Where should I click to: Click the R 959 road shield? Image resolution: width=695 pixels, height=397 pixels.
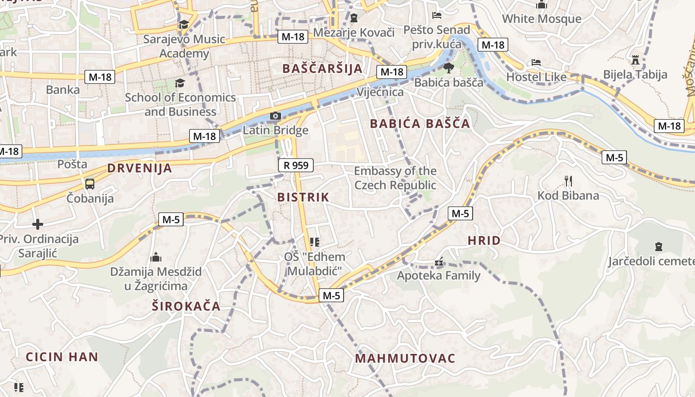(x=296, y=165)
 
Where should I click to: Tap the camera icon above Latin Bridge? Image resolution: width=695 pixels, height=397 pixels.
(x=275, y=116)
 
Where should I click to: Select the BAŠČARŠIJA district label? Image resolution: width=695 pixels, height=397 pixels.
(x=322, y=68)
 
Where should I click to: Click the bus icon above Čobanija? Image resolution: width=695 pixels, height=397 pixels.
(x=90, y=184)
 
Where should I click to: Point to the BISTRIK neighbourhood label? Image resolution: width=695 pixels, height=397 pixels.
(x=303, y=197)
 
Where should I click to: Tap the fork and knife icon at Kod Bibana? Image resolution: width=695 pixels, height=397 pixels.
(x=568, y=181)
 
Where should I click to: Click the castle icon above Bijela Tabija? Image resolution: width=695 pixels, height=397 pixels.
(x=635, y=60)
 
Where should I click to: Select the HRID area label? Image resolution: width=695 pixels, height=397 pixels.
(x=484, y=241)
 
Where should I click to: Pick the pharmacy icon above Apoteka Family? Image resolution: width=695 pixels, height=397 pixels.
(x=439, y=261)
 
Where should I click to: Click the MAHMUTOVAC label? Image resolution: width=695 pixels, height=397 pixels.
(x=405, y=358)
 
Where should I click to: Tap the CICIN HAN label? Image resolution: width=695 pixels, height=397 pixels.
(x=62, y=357)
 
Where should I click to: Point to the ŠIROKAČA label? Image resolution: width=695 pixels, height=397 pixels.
(x=186, y=306)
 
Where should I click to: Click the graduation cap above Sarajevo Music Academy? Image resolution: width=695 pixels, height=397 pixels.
(x=184, y=24)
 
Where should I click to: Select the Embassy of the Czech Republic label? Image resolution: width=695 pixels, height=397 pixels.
(x=395, y=178)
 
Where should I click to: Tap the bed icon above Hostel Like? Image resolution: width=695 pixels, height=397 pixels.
(x=536, y=63)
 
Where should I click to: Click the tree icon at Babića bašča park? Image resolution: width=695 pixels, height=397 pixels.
(x=448, y=68)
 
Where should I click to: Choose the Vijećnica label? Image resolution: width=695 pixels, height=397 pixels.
(x=380, y=92)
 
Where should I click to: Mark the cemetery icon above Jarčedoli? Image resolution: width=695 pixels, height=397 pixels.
(x=659, y=247)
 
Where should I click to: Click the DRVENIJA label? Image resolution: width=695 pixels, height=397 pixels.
(x=139, y=168)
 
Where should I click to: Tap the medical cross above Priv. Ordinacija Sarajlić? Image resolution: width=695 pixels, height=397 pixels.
(x=38, y=224)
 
